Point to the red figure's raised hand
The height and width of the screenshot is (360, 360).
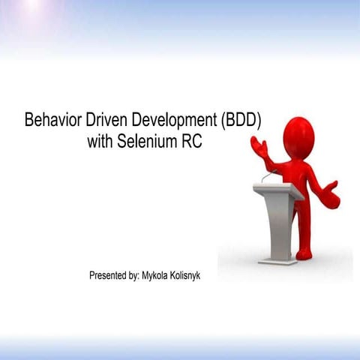click(x=259, y=145)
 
